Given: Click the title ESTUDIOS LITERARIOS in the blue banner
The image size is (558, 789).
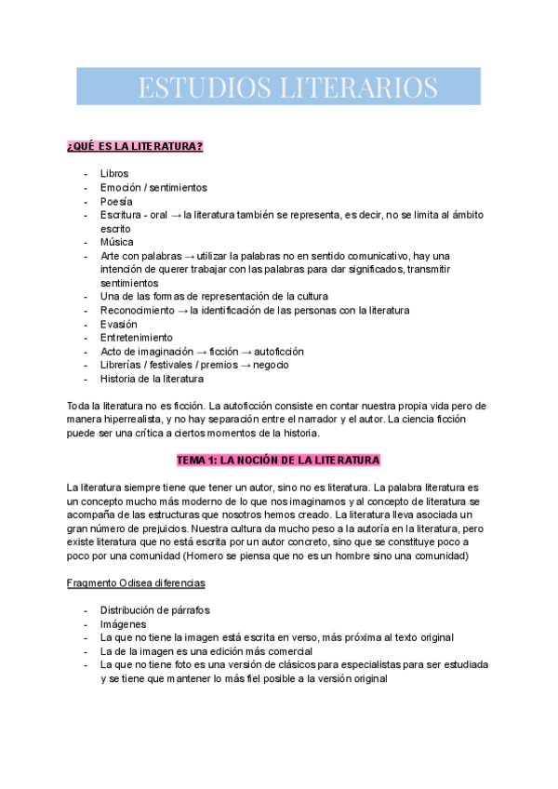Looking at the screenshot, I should coord(287,87).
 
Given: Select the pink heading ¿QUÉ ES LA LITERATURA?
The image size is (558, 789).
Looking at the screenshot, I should coord(136,147).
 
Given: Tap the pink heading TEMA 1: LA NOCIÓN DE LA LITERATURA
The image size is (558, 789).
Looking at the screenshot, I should coord(279,461).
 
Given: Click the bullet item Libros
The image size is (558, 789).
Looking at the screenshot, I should coord(114,174).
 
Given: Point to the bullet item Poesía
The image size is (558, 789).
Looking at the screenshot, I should coord(116,201).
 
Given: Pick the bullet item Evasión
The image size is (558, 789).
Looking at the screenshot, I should coord(118,324).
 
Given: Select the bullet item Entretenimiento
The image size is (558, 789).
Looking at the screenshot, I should coord(137,338).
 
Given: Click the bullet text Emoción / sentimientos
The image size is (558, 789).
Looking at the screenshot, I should coord(153,188).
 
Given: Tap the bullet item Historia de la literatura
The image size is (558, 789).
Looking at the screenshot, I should coord(152,379).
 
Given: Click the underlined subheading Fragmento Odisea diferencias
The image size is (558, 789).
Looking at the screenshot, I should coord(136,582).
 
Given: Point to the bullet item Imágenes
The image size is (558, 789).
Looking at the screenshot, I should coord(124,624).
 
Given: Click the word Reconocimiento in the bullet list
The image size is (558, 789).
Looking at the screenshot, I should coord(139,310).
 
